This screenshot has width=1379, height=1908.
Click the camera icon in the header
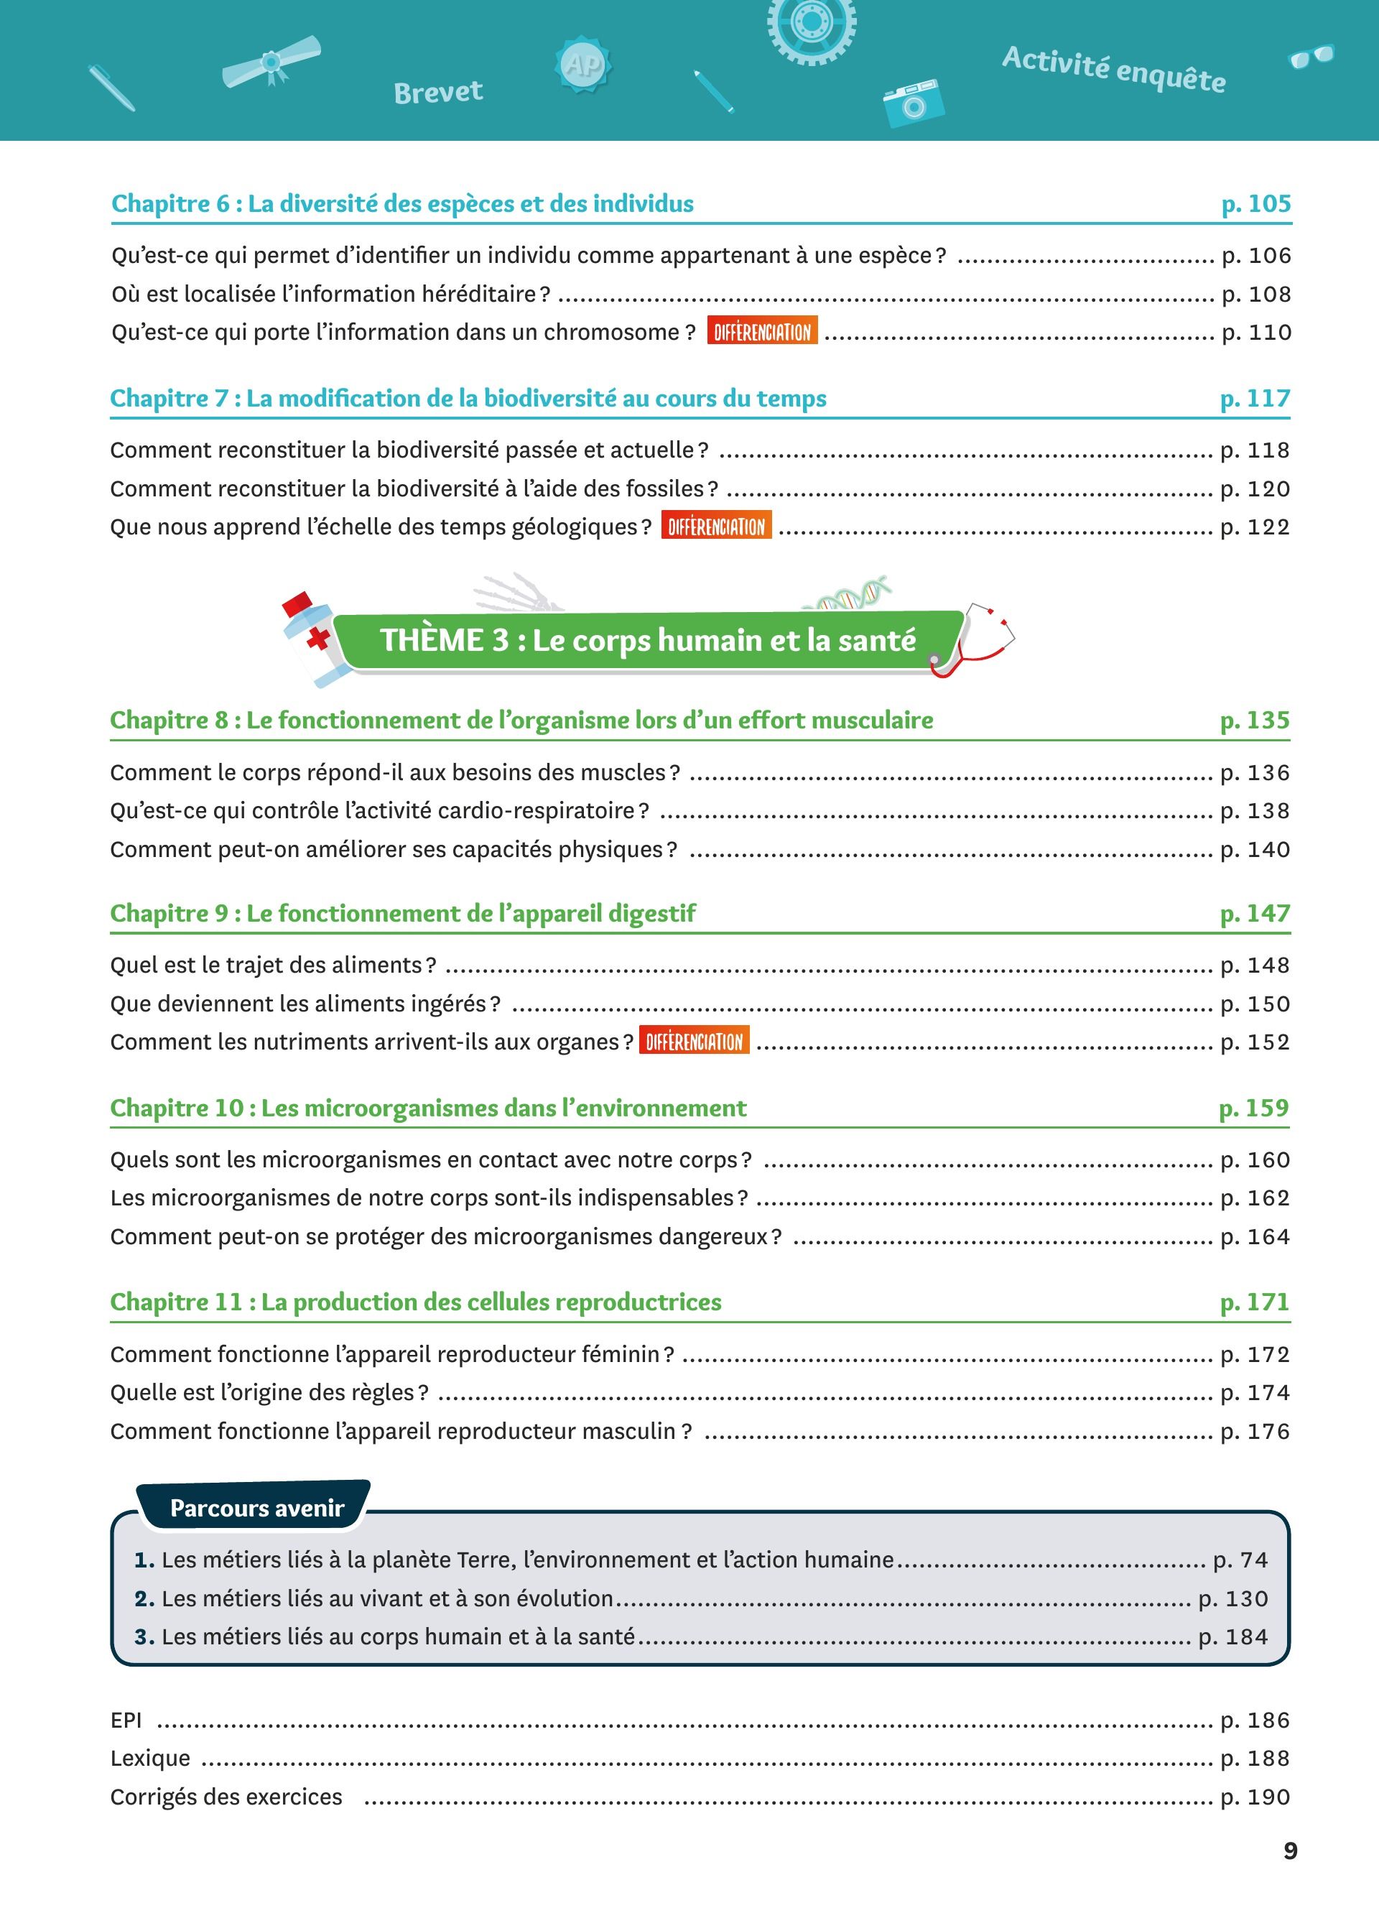pos(913,102)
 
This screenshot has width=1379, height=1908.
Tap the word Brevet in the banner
pos(438,92)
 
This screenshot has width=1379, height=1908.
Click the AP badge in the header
pos(582,65)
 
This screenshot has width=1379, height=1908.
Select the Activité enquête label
pos(1113,70)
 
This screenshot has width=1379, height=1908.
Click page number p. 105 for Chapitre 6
pos(1255,203)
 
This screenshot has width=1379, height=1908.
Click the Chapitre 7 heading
pos(468,398)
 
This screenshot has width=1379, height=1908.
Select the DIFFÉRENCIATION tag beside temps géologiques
pos(715,527)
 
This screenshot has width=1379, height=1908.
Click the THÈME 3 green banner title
pos(647,640)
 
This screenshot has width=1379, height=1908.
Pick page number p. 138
pos(1255,811)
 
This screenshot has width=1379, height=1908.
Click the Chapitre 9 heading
pos(403,914)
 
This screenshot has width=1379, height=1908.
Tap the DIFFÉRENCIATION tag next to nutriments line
pos(694,1042)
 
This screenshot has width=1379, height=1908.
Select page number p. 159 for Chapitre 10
pos(1254,1108)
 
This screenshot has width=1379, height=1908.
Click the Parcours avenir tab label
pos(256,1508)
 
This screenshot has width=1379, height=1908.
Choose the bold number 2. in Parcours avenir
pos(144,1598)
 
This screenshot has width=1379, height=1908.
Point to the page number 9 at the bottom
pos(1291,1851)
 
